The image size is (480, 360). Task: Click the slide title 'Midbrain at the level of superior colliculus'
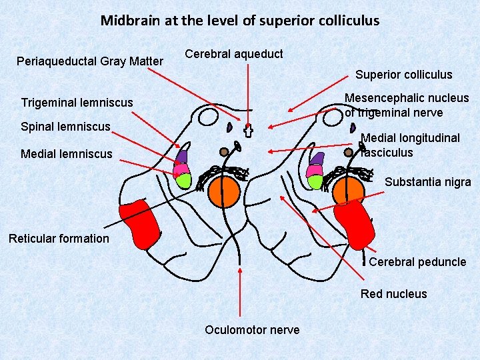pos(240,20)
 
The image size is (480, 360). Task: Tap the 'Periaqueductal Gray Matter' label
pos(90,61)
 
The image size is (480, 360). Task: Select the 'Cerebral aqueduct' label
pos(233,53)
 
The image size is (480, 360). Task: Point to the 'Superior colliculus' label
pos(403,75)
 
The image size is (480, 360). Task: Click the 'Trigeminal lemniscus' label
pos(77,103)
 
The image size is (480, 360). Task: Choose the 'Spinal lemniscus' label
pos(65,126)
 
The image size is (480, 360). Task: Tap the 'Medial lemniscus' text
pos(67,154)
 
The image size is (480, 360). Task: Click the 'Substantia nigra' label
pos(427,182)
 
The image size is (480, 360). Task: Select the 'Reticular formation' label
pos(59,239)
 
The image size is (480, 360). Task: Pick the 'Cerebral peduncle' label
pos(417,262)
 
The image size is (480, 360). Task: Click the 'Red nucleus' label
pos(393,294)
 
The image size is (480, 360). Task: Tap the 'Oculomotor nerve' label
pos(252,330)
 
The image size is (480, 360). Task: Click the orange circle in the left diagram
pos(223,191)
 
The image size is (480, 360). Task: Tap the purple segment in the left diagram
pos(182,157)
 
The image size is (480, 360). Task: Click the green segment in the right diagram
pos(315,181)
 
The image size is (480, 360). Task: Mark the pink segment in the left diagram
pos(181,169)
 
